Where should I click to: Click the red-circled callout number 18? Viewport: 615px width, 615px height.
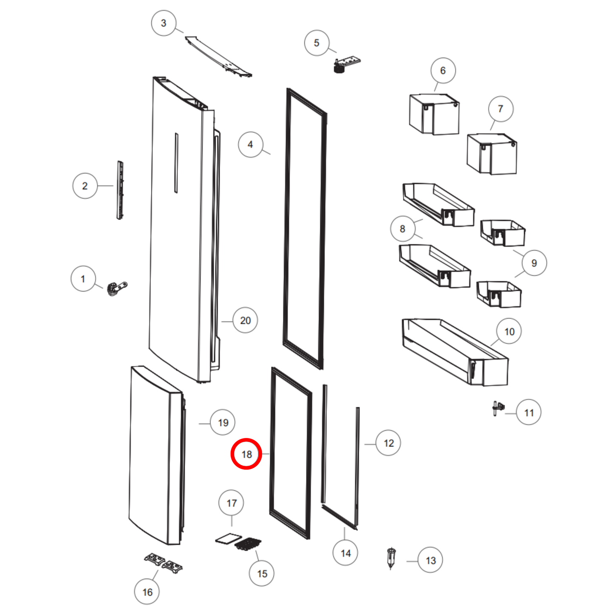coord(246,454)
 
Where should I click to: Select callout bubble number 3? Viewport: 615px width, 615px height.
coord(163,23)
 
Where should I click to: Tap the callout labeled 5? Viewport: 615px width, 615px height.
coord(316,43)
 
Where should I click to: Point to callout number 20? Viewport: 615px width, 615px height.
coord(245,320)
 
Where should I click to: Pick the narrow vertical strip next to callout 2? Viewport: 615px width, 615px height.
coord(120,190)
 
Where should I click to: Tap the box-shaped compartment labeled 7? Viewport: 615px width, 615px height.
coord(492,154)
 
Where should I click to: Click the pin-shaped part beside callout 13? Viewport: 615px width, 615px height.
coord(391,558)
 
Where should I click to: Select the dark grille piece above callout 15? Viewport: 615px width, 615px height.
coord(248,543)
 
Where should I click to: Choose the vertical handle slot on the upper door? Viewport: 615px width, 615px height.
coord(176,163)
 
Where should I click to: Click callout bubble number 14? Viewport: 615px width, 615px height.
coord(345,553)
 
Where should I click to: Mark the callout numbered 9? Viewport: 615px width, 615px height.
coord(534,263)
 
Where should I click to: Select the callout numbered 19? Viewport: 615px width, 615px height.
coord(223,423)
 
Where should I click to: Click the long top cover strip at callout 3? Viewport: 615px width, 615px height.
coord(218,57)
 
